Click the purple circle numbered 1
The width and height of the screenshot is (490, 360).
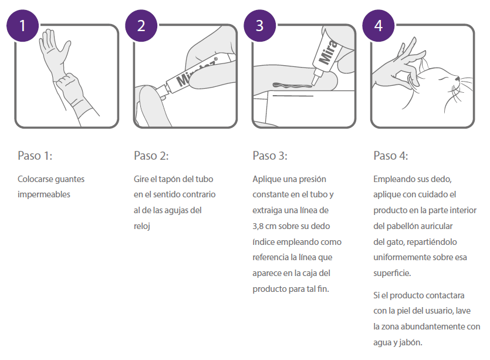[x=22, y=25]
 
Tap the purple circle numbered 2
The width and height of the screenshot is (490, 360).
[x=141, y=25]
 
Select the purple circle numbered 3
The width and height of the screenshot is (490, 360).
[x=260, y=25]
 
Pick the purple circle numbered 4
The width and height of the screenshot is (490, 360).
[x=378, y=25]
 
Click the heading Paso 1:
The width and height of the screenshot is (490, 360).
[x=35, y=156]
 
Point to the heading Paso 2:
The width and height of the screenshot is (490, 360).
[x=151, y=156]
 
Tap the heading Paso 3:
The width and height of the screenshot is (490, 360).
[x=270, y=156]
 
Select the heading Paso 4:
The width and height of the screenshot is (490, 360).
[x=391, y=156]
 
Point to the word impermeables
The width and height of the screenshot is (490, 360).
[x=44, y=194]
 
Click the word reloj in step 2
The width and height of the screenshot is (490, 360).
[x=142, y=226]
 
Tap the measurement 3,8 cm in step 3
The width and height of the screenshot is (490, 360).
[x=265, y=226]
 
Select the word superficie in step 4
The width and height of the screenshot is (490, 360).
[x=392, y=273]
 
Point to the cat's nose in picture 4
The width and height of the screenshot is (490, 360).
[x=457, y=79]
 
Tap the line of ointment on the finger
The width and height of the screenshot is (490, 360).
[x=292, y=85]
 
